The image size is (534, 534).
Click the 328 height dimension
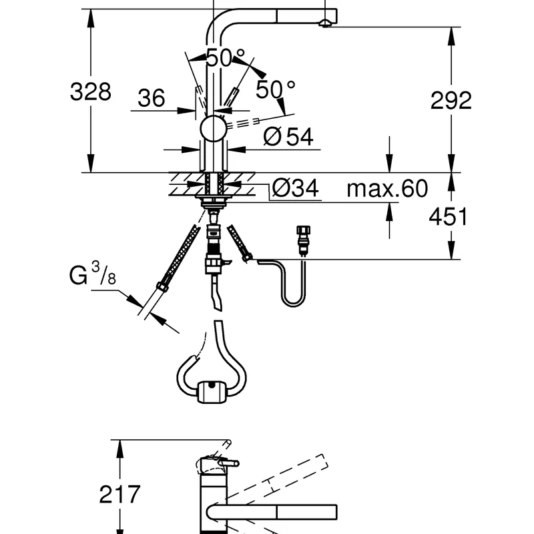pos(91,91)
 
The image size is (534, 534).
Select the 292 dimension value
pos(451,101)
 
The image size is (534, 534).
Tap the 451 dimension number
pos(448,216)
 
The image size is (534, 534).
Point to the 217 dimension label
pos(119,494)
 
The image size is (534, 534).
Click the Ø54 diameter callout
pos(288,137)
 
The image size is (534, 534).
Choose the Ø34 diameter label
pos(296,188)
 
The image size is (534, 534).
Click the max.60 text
pos(387,188)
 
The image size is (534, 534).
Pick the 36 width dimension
pos(152,98)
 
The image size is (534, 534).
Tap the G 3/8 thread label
pos(93,274)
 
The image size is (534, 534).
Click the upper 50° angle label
pos(226,57)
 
